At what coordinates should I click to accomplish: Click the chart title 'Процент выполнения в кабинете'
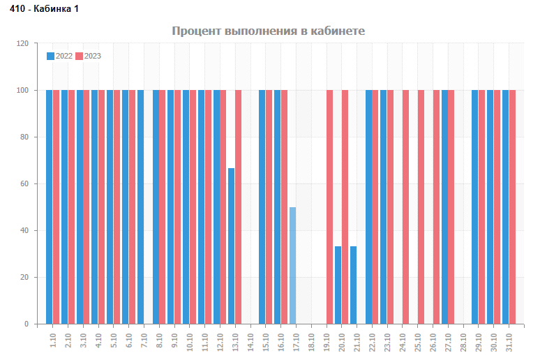click(269, 31)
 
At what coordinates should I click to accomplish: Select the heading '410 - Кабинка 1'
click(40, 8)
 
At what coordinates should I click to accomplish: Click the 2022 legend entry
click(60, 56)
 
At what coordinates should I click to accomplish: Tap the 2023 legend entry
click(89, 56)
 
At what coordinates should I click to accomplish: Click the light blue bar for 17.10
click(293, 265)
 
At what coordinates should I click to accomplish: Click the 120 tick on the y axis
click(22, 44)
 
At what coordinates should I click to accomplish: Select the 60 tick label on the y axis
click(24, 184)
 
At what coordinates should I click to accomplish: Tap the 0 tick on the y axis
click(27, 324)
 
